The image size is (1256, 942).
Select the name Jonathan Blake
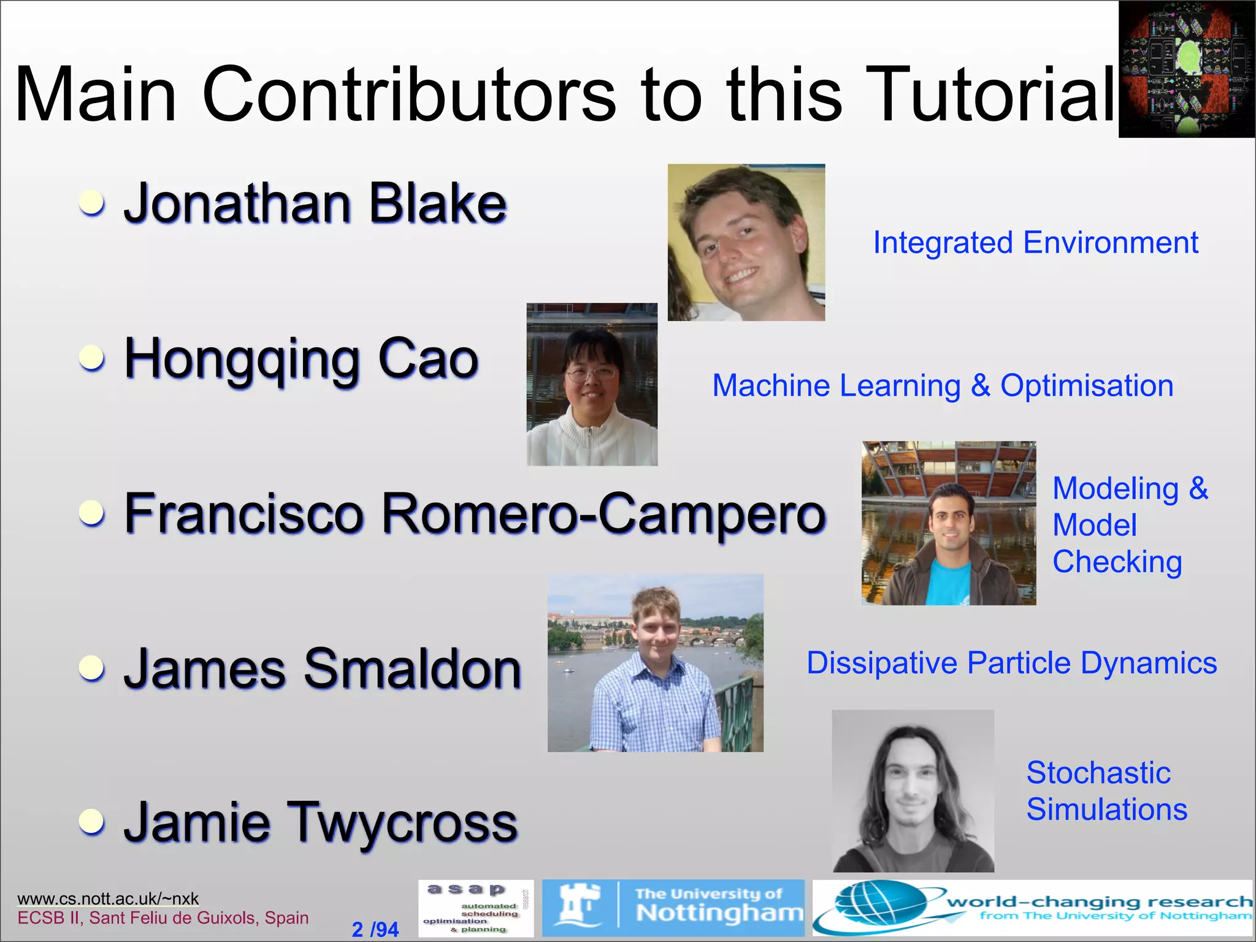[x=315, y=204]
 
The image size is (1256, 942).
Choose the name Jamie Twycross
[x=320, y=823]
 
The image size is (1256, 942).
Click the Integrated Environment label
[x=1035, y=242]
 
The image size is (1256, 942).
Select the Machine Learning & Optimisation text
[x=943, y=386]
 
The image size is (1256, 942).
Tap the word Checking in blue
[x=1117, y=562]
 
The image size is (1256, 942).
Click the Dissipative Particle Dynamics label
[x=1011, y=663]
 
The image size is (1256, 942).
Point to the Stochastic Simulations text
[x=1106, y=791]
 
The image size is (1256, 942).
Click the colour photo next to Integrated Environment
[x=746, y=242]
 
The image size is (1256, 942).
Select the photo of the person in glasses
[x=592, y=385]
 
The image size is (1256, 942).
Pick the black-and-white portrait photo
[x=913, y=791]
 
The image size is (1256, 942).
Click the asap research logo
[x=476, y=909]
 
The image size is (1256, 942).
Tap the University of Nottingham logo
[x=673, y=908]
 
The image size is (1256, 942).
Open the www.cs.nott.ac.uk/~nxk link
[x=108, y=898]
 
